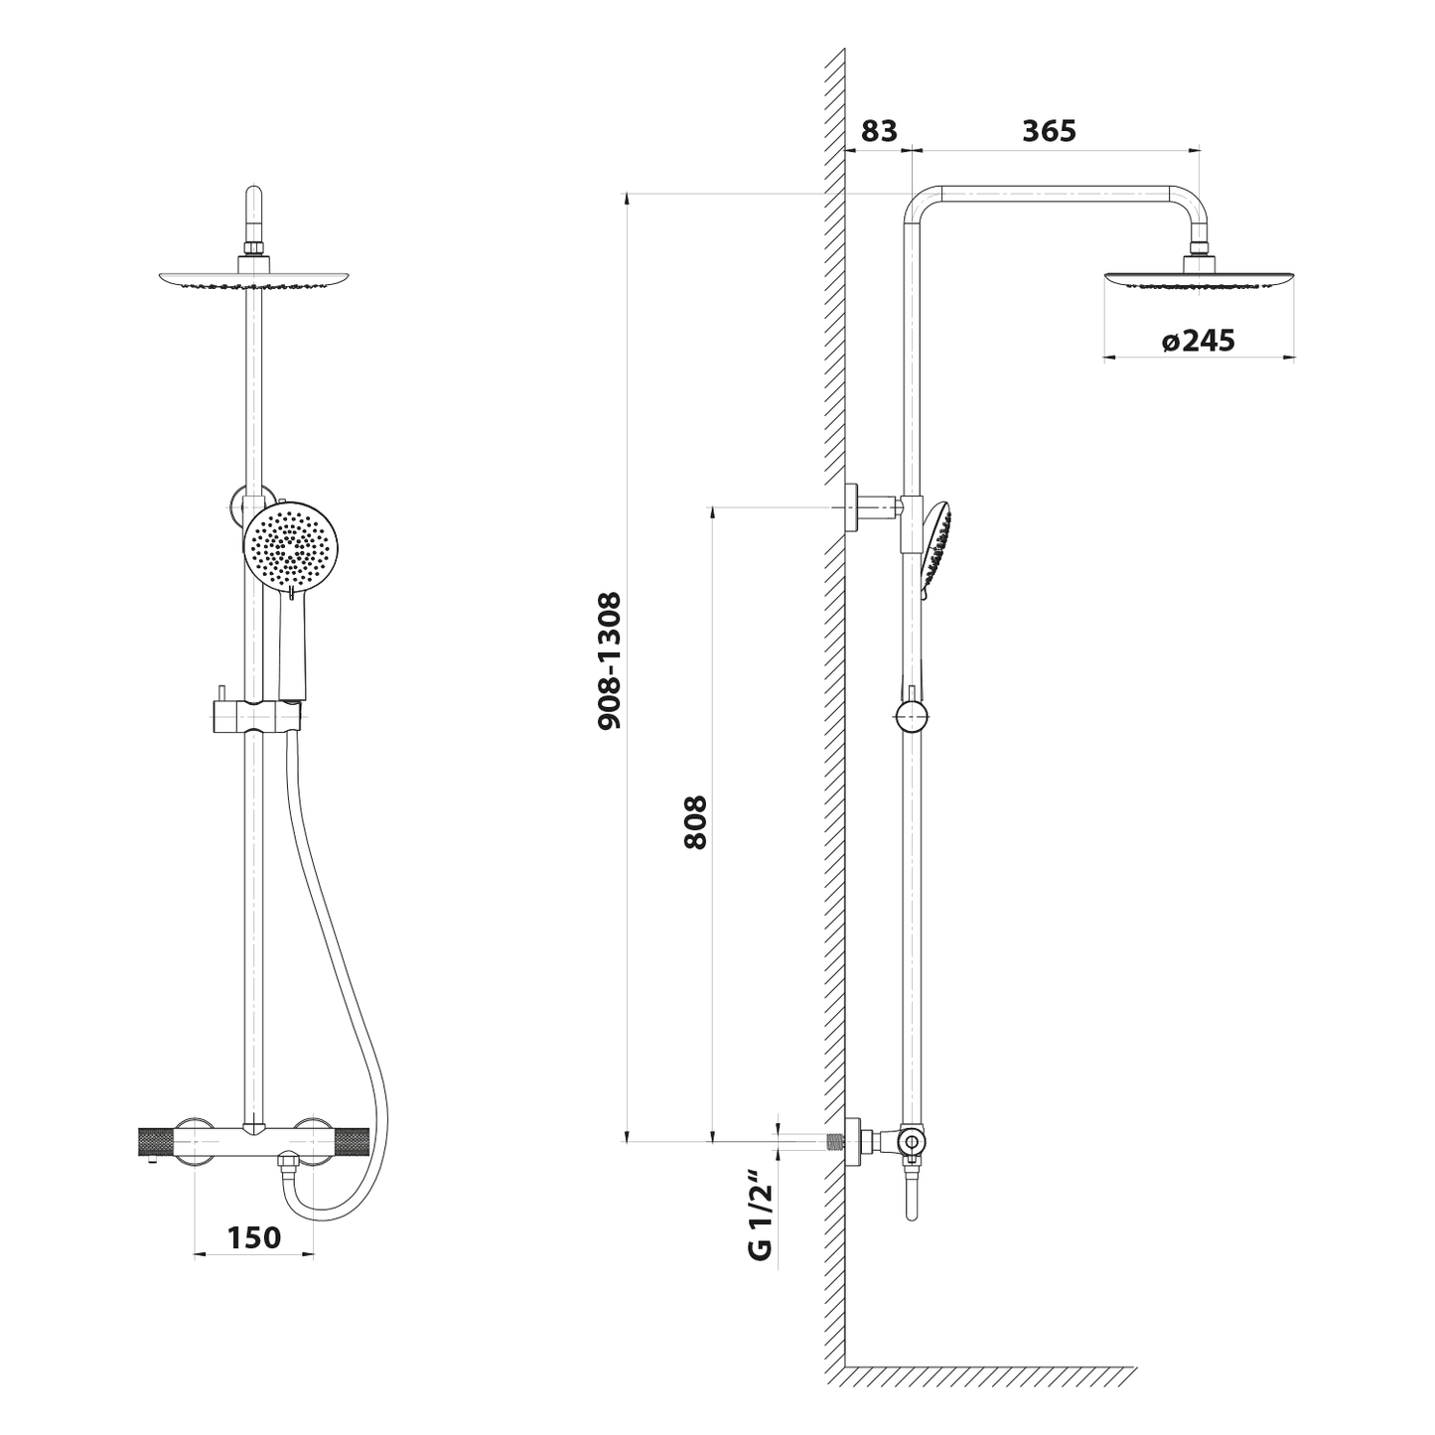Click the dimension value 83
pos(879,131)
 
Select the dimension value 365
pos(1050,131)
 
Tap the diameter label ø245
pos(1199,341)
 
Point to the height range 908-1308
pos(609,660)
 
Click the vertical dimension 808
pos(695,823)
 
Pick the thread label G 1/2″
pos(761,1219)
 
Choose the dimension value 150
pos(254,1237)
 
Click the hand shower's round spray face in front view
pos(291,545)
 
